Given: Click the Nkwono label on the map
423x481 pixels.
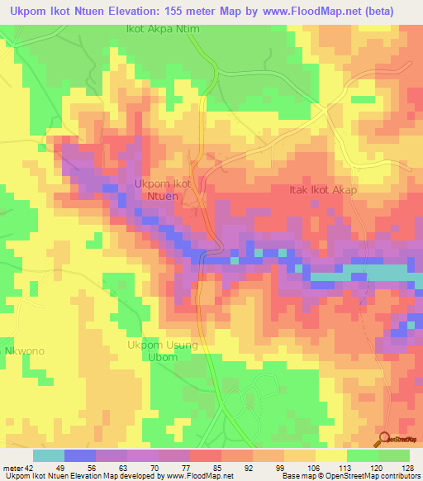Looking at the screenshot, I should coord(24,351).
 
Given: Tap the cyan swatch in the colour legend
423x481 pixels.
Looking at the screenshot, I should coord(49,455).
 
